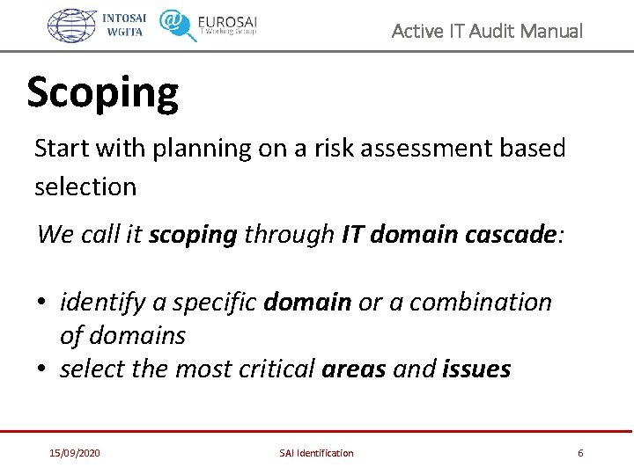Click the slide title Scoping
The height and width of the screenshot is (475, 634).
(x=102, y=93)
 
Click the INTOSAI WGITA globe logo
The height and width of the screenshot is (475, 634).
(x=71, y=26)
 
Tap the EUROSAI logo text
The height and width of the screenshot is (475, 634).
(x=227, y=22)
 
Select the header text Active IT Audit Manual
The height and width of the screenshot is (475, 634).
(x=486, y=32)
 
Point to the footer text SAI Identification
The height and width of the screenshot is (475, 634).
(x=316, y=453)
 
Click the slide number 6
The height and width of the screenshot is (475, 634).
(x=580, y=453)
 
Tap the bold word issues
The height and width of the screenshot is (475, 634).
(x=476, y=369)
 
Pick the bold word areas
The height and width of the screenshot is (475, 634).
(x=354, y=369)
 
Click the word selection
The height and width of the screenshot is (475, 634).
(x=85, y=186)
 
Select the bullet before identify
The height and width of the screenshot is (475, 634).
(x=41, y=303)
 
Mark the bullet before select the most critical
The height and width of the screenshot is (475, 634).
(x=41, y=369)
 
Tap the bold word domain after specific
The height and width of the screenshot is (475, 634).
(x=308, y=302)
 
